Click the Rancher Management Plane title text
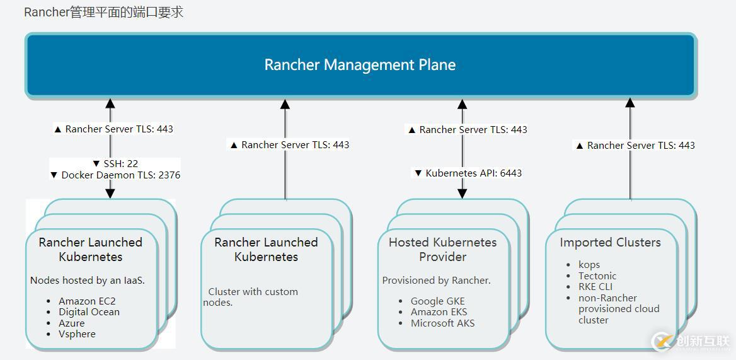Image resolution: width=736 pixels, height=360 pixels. click(360, 65)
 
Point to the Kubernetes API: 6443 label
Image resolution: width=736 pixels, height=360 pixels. click(468, 173)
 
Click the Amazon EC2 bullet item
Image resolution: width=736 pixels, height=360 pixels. click(87, 301)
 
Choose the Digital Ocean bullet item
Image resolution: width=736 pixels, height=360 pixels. click(89, 312)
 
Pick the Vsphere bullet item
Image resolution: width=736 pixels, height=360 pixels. click(77, 334)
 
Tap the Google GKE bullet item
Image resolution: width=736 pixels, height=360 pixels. click(437, 301)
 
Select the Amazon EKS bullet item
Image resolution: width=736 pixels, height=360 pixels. click(439, 312)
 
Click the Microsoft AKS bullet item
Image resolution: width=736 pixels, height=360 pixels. click(442, 323)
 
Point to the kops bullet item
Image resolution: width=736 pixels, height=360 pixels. click(589, 265)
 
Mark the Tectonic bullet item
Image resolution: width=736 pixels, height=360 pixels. click(597, 276)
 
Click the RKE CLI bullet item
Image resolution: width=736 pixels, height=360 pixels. click(595, 287)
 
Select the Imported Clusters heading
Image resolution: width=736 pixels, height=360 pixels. click(610, 242)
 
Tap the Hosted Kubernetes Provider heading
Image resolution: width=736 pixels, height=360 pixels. click(442, 249)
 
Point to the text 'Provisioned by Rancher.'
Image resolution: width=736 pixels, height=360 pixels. click(436, 280)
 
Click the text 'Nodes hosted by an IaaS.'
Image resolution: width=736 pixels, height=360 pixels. click(88, 280)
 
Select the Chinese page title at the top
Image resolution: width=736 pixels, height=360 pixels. click(103, 12)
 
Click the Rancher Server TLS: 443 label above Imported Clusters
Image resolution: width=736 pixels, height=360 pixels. click(635, 145)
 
